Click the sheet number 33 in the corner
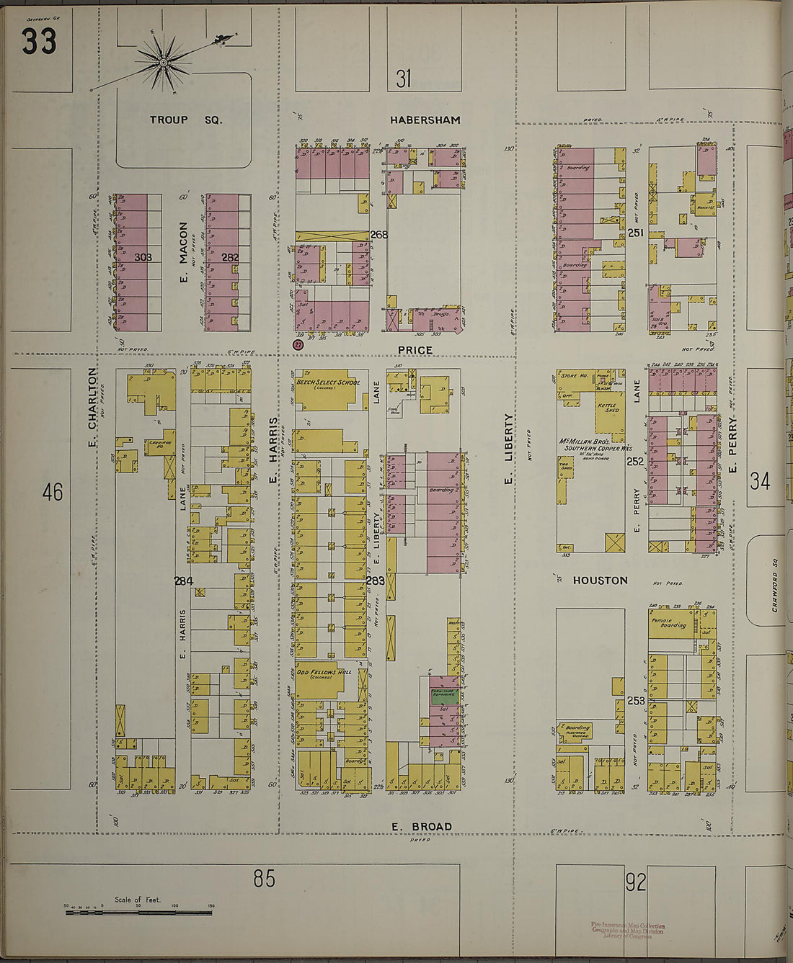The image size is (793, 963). pyautogui.click(x=38, y=42)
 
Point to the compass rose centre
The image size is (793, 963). pyautogui.click(x=164, y=63)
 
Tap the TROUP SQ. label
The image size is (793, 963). pyautogui.click(x=186, y=120)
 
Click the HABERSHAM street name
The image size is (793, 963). pyautogui.click(x=425, y=120)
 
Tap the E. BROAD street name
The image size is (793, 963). pyautogui.click(x=422, y=826)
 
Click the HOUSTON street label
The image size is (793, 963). pyautogui.click(x=601, y=580)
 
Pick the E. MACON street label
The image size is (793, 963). pyautogui.click(x=184, y=251)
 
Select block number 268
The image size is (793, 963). pyautogui.click(x=379, y=235)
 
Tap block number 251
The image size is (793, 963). pyautogui.click(x=636, y=233)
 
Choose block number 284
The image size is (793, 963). pyautogui.click(x=183, y=581)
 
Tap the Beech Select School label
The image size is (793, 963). pyautogui.click(x=328, y=382)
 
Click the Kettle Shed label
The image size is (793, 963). pyautogui.click(x=607, y=407)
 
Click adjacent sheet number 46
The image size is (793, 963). pyautogui.click(x=53, y=492)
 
